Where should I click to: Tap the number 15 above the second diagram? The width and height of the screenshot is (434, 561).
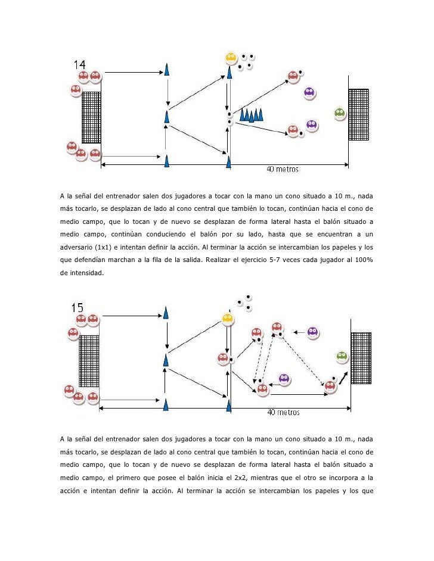[77, 308]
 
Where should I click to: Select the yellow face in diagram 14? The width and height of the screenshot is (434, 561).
[231, 58]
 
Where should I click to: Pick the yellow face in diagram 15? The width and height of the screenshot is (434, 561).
[227, 319]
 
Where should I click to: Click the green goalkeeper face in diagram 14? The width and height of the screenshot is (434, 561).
[339, 113]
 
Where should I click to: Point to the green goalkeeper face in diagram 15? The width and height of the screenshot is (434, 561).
[342, 357]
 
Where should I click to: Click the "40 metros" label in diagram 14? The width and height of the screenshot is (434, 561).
[282, 169]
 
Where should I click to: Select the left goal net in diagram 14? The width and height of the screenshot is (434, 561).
[91, 117]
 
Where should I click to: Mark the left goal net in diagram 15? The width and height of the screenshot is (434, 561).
[88, 360]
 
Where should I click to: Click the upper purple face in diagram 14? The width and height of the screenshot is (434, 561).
[309, 92]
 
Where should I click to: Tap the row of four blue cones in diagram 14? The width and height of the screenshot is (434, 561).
[251, 115]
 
